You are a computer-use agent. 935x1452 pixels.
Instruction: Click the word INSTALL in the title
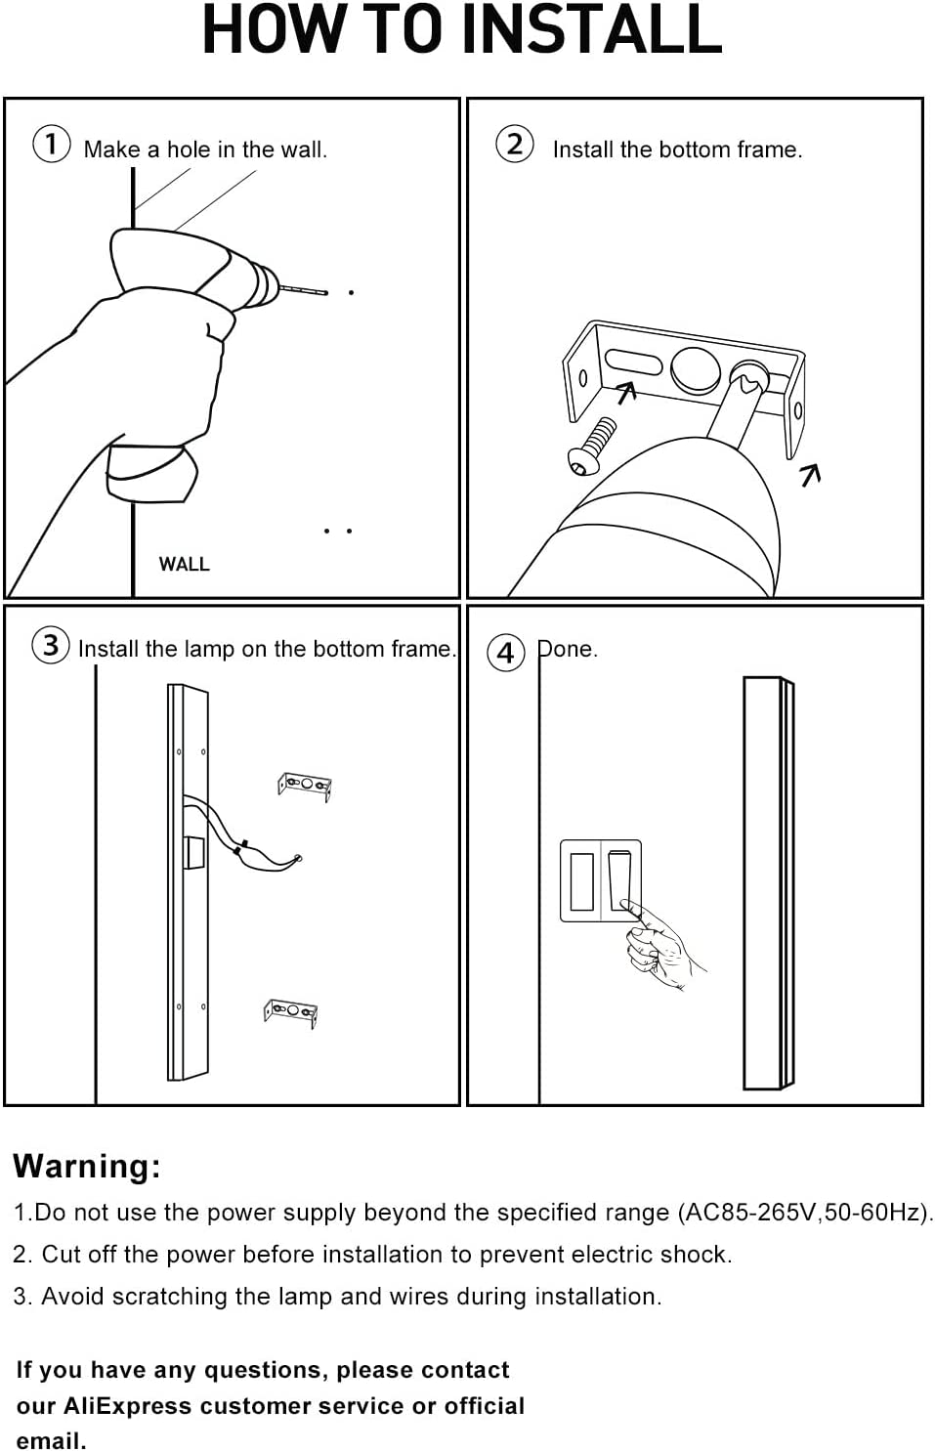pos(591,31)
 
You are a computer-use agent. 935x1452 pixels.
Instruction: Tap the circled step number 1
pos(51,145)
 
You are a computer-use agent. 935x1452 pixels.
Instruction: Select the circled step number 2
pos(514,145)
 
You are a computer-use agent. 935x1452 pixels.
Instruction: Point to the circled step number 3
pos(50,645)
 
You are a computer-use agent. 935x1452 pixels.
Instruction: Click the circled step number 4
pos(505,652)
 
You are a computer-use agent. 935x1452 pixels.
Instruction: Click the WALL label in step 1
pos(184,564)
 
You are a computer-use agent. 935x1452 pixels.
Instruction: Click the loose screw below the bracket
pos(592,446)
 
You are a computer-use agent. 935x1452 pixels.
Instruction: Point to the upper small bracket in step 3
pos(305,786)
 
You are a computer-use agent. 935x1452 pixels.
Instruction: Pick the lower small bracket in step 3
pos(291,1012)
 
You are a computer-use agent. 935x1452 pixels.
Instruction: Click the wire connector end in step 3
pos(296,859)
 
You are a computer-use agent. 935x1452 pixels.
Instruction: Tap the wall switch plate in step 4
pos(599,880)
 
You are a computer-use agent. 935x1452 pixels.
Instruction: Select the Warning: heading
pos(87,1166)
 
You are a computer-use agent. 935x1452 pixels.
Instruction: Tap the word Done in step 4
pos(567,649)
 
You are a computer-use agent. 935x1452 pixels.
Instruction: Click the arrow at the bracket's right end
pos(810,475)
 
